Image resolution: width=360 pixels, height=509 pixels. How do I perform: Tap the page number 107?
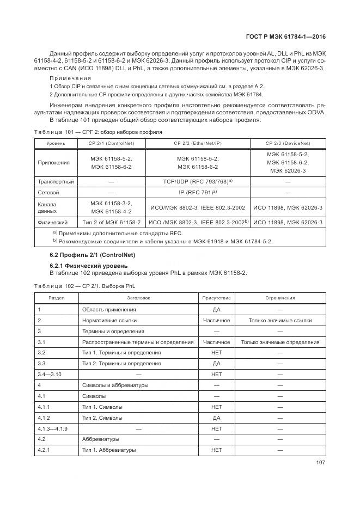point(320,463)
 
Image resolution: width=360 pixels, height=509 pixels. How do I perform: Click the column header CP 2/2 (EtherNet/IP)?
point(198,143)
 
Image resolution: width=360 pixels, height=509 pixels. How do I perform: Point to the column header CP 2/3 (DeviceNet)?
point(288,143)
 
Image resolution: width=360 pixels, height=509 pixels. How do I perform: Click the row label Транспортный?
point(56,181)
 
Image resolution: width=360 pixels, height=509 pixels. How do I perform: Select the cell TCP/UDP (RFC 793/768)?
point(198,181)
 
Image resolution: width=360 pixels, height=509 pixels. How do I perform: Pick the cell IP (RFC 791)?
point(198,192)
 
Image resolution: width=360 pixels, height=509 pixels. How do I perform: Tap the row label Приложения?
point(53,162)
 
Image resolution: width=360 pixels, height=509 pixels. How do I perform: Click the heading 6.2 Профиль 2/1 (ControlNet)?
point(92,255)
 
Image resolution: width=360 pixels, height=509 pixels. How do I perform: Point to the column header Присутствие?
point(216,298)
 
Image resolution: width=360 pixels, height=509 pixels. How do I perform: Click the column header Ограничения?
point(280,298)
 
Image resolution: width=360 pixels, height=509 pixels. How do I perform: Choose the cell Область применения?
point(109,309)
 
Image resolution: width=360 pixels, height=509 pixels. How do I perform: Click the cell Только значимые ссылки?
point(280,320)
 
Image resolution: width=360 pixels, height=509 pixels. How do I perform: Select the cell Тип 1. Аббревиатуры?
point(108,450)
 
